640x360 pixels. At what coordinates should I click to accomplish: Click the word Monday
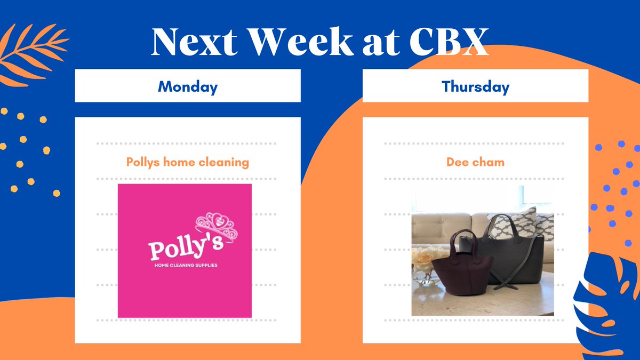188,87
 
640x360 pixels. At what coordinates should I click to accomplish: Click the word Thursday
475,87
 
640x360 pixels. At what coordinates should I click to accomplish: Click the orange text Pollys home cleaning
188,162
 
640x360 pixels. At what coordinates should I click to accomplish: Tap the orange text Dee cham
475,162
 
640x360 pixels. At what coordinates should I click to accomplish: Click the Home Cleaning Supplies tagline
185,265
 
